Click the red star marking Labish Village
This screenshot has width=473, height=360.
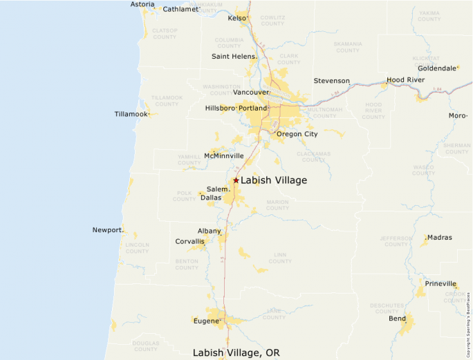(x=236, y=180)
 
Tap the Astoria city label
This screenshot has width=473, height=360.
(x=142, y=5)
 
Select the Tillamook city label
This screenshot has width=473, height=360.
(x=131, y=114)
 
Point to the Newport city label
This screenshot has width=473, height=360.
(x=106, y=230)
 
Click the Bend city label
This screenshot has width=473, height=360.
(x=397, y=319)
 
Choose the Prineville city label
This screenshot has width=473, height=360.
(x=440, y=284)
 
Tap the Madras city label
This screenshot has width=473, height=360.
(x=439, y=238)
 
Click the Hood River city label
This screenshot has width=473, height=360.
(x=405, y=80)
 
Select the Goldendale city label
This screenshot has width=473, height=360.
(x=437, y=68)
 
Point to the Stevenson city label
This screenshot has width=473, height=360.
(x=331, y=81)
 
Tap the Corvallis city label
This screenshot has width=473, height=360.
(x=189, y=242)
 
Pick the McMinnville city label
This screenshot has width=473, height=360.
(x=224, y=156)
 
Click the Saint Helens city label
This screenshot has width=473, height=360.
(x=233, y=57)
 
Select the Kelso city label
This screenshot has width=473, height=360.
(x=236, y=19)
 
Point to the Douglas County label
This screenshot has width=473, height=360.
(x=146, y=346)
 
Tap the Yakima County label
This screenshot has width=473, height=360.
(x=429, y=16)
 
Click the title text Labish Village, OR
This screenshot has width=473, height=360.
(x=236, y=352)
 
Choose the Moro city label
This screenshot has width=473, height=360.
(x=457, y=115)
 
